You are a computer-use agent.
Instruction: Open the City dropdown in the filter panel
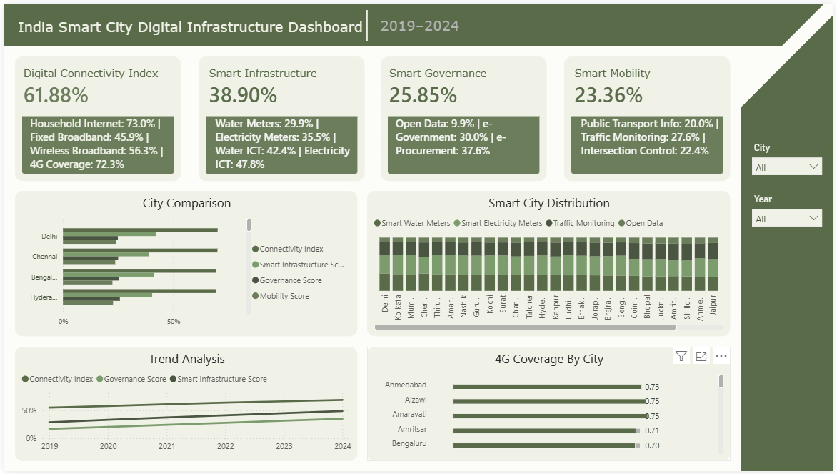coord(787,167)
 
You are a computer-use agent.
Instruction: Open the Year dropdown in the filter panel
coord(787,219)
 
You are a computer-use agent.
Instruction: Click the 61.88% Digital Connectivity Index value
coord(56,95)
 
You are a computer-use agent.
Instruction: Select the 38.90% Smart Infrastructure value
coord(243,95)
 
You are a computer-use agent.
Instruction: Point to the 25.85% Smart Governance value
coord(423,95)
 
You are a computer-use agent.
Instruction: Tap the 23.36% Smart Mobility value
coord(608,95)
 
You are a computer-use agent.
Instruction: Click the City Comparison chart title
coord(186,203)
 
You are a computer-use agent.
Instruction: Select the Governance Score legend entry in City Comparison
coord(291,280)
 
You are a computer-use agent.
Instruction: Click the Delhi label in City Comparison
coord(49,236)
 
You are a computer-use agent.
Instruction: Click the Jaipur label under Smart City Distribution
coord(713,304)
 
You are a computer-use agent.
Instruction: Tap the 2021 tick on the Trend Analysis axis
coord(166,447)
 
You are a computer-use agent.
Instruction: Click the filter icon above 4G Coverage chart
coord(681,356)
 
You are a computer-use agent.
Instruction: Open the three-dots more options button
coord(721,356)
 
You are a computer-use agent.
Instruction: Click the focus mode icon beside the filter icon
coord(701,356)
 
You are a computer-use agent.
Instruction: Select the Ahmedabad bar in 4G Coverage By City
coord(546,387)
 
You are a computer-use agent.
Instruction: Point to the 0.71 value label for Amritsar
coord(651,430)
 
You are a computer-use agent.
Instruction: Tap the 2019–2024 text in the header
coord(420,26)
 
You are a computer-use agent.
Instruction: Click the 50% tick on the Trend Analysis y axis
coord(29,410)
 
